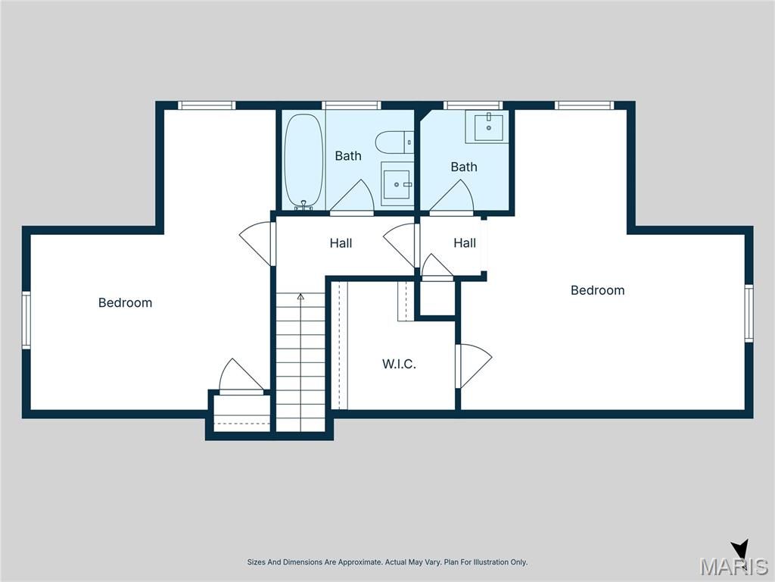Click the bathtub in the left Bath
303,161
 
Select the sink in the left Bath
397,183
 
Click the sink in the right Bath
487,127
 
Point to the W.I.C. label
399,365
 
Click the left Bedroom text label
125,302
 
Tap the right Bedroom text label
598,290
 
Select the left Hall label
341,243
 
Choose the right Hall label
465,243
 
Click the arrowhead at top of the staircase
300,296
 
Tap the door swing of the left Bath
352,198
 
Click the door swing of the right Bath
452,198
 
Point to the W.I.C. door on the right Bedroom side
474,366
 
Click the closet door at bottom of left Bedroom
241,377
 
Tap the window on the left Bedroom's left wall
26,321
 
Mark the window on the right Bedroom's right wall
749,313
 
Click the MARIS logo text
733,566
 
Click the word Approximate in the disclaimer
359,562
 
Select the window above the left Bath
351,105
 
